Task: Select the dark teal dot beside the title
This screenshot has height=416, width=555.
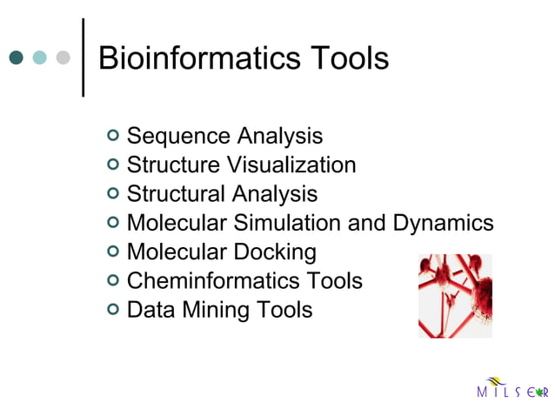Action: click(16, 57)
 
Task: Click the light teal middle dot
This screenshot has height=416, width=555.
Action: click(39, 57)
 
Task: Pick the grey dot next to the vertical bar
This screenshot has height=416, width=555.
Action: click(63, 57)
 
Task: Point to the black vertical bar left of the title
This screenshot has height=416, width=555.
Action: click(83, 57)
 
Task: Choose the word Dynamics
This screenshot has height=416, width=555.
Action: click(443, 223)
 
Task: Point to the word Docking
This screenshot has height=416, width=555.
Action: click(275, 252)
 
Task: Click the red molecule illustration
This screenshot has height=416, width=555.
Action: click(455, 295)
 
